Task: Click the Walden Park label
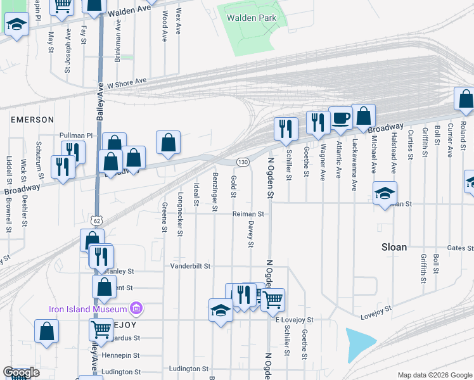tap(252, 18)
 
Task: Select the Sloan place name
tap(394, 247)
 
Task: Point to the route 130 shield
tap(242, 162)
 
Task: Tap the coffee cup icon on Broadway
tap(340, 118)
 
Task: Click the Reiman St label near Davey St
tap(248, 214)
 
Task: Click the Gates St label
tap(461, 248)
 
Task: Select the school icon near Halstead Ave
tap(384, 194)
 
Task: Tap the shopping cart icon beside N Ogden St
tap(272, 300)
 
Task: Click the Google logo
tap(21, 372)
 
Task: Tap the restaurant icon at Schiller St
tap(285, 129)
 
